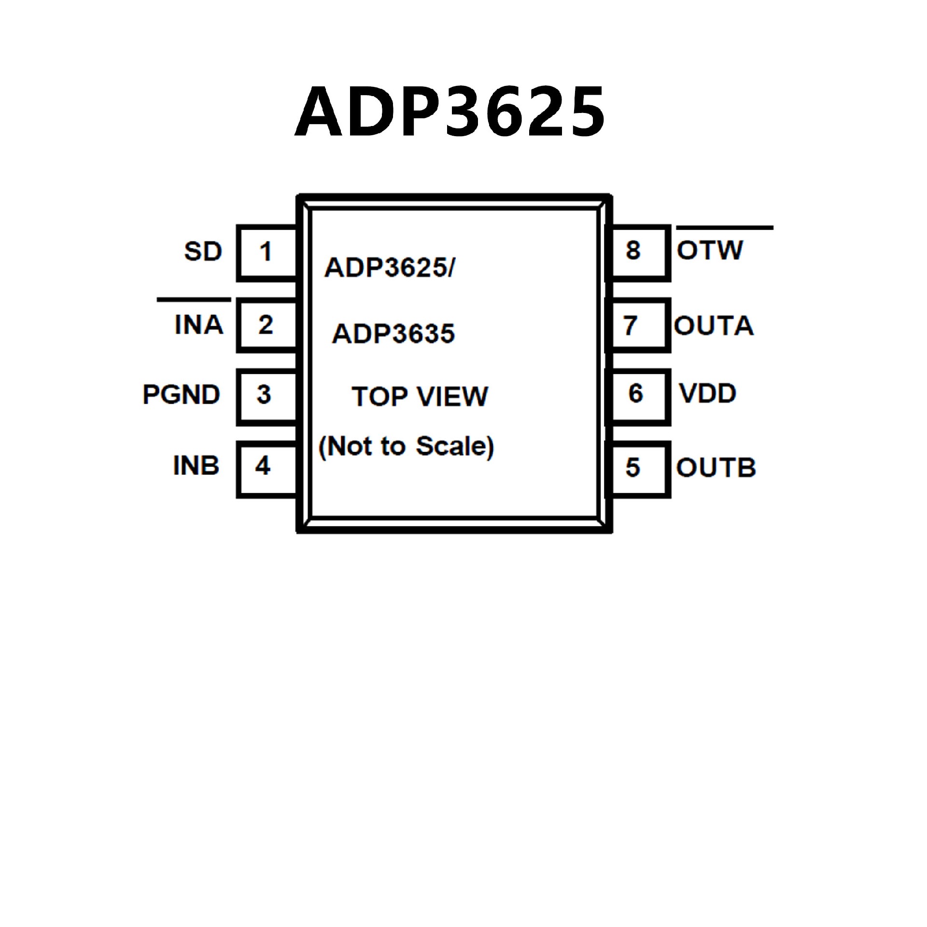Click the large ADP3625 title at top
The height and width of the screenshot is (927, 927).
pos(449,111)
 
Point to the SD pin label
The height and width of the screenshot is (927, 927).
pos(203,252)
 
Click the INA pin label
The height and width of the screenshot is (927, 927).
pos(199,324)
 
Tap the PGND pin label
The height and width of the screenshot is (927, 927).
pos(182,394)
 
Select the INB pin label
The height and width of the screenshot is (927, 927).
pos(196,466)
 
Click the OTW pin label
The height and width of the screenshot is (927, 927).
pos(710,250)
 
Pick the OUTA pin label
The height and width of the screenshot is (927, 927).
pos(714,326)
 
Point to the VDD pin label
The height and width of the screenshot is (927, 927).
pos(708,393)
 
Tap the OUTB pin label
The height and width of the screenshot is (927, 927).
pos(716,468)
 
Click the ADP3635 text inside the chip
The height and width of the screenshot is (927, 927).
pos(393,334)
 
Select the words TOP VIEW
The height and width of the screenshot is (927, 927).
pos(420,397)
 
